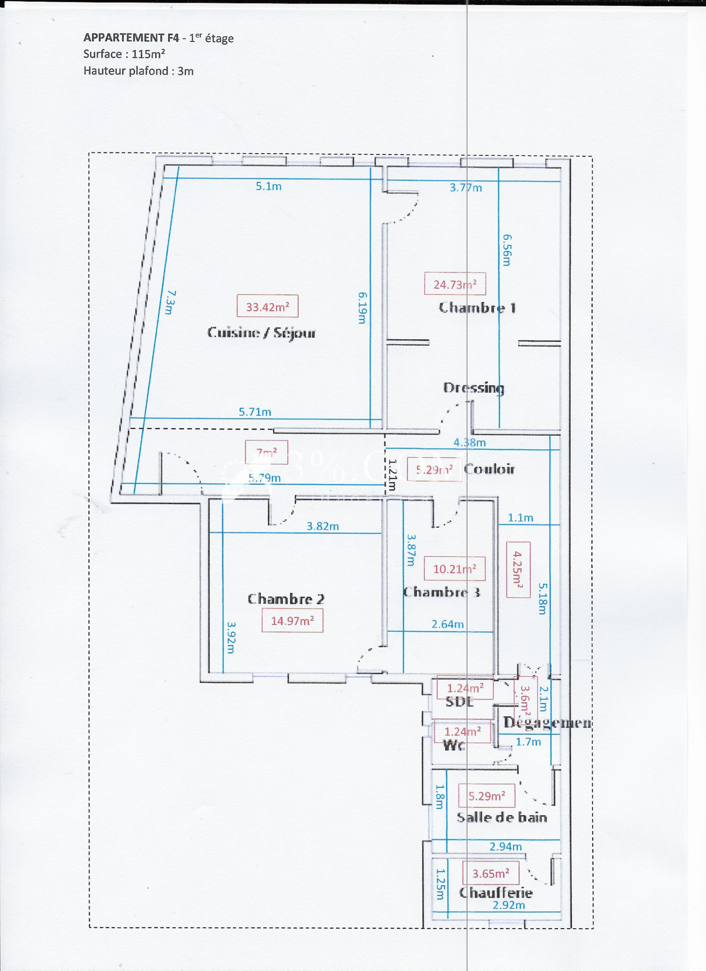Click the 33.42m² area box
267,306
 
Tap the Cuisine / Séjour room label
261,332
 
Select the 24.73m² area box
455,284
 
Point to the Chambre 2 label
286,599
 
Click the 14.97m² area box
292,621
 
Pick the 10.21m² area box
454,569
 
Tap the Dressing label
473,388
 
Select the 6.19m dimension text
362,308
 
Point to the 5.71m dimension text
255,412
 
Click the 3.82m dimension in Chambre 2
323,526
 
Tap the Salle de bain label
502,817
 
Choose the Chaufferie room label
496,893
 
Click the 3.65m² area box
491,873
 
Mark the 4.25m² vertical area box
518,570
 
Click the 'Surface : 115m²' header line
124,54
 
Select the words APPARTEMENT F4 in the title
131,38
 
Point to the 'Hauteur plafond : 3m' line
139,71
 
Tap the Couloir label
489,469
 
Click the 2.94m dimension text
506,847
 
